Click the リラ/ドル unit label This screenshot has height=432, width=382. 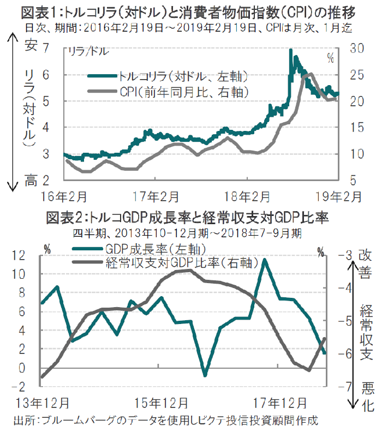point(87,52)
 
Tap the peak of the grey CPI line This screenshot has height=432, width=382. point(310,74)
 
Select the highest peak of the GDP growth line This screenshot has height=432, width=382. point(265,260)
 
